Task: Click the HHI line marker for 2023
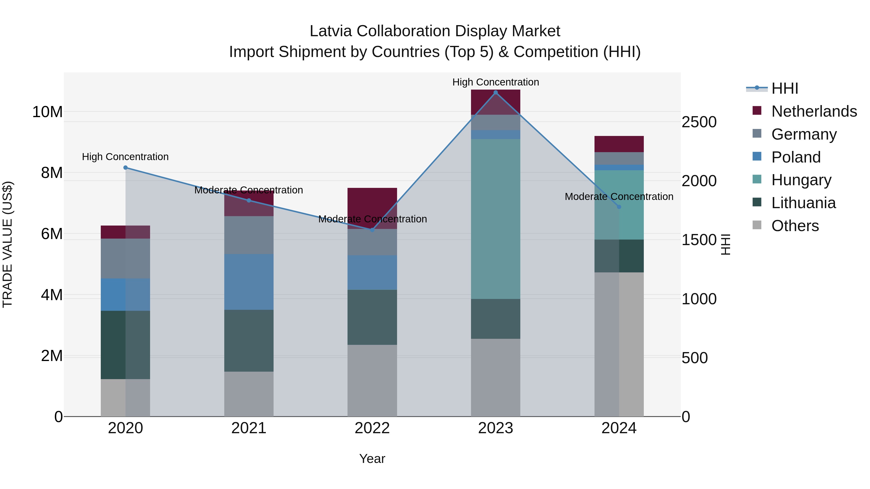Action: [495, 92]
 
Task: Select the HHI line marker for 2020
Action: [125, 167]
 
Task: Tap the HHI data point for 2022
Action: [372, 230]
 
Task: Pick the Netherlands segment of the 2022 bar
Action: [372, 203]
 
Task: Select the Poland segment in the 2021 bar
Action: [249, 282]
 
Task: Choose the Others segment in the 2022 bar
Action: [372, 380]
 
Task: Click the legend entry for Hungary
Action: [801, 180]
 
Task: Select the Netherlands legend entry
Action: [814, 111]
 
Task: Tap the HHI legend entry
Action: [784, 88]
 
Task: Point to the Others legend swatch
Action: [757, 225]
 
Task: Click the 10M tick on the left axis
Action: [47, 112]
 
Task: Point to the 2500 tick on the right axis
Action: [699, 122]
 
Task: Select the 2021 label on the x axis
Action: [249, 428]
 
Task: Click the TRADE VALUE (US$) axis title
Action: [7, 244]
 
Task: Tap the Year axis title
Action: [372, 459]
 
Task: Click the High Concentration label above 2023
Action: [495, 82]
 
